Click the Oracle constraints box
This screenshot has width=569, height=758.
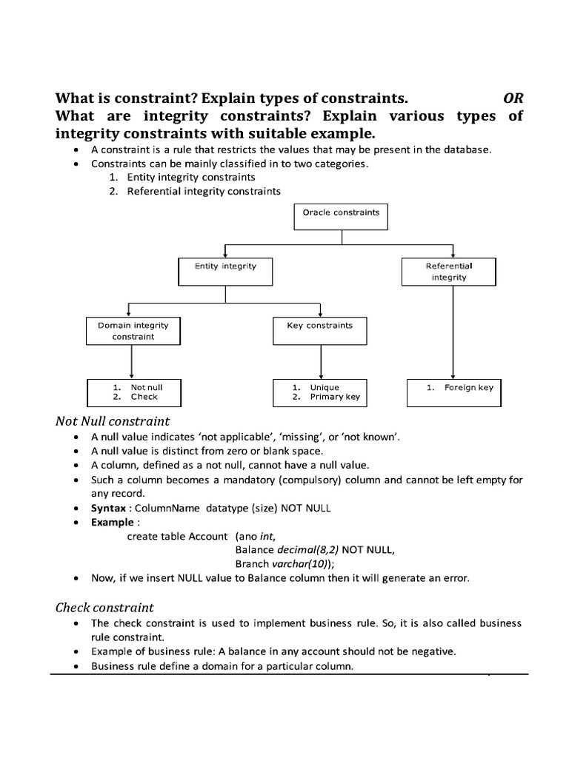[341, 217]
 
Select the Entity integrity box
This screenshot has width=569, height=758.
[225, 272]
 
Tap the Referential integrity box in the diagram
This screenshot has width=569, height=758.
[449, 272]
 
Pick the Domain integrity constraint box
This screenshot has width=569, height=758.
[133, 331]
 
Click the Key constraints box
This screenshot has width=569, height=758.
[319, 331]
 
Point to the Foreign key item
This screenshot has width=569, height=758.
[468, 387]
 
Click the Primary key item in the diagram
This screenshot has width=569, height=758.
[335, 397]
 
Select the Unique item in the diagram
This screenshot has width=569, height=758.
[325, 387]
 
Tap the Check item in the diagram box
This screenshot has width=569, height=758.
[144, 397]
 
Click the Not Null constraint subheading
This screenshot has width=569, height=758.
[113, 421]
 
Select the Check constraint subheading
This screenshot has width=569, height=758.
[104, 608]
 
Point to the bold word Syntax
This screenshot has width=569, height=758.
[108, 509]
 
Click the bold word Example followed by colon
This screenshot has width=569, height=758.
[111, 522]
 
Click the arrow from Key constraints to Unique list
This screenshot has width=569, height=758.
[320, 362]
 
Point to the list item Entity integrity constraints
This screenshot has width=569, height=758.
[191, 178]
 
